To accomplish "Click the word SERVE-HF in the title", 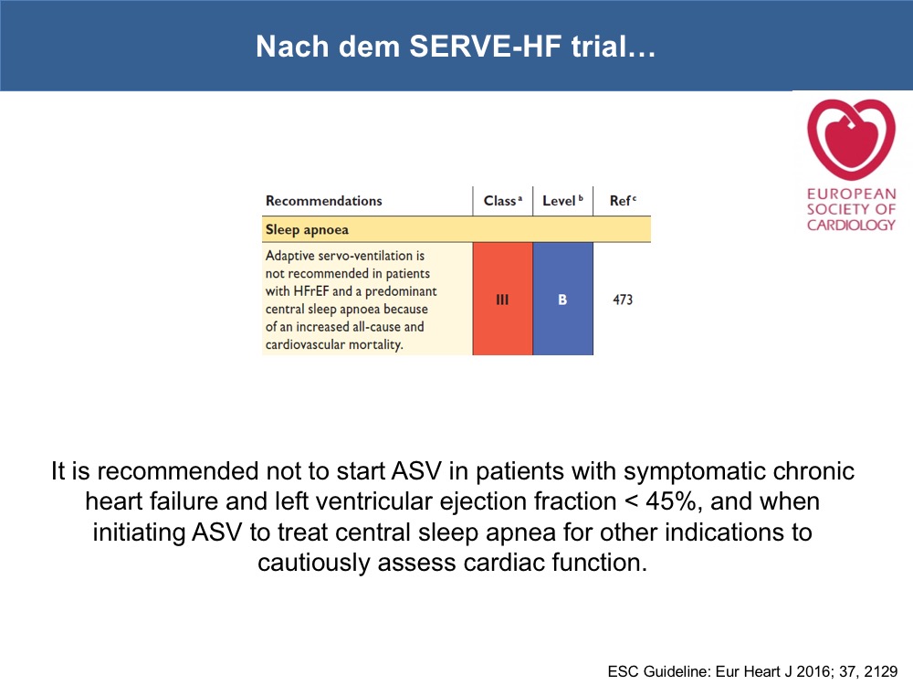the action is (486, 46).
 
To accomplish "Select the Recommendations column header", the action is (324, 201).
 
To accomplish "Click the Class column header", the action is (499, 201).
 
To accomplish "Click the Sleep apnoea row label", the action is (307, 229).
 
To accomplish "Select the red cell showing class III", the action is (502, 299).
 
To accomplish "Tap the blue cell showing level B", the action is (563, 299).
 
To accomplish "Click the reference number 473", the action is (623, 300).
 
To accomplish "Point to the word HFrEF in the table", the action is (311, 291).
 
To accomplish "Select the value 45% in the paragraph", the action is (670, 501).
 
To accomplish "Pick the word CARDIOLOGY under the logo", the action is (851, 225).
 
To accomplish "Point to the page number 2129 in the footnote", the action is (881, 671).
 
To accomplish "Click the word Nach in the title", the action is (292, 46).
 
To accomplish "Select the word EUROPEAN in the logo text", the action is (851, 194).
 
